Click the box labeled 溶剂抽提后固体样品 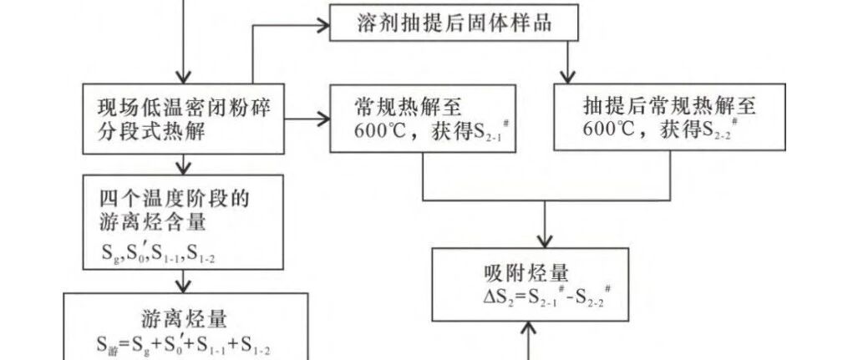454,23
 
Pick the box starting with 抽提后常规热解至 669,118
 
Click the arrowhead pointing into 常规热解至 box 324,119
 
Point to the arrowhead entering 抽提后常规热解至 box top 569,77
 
